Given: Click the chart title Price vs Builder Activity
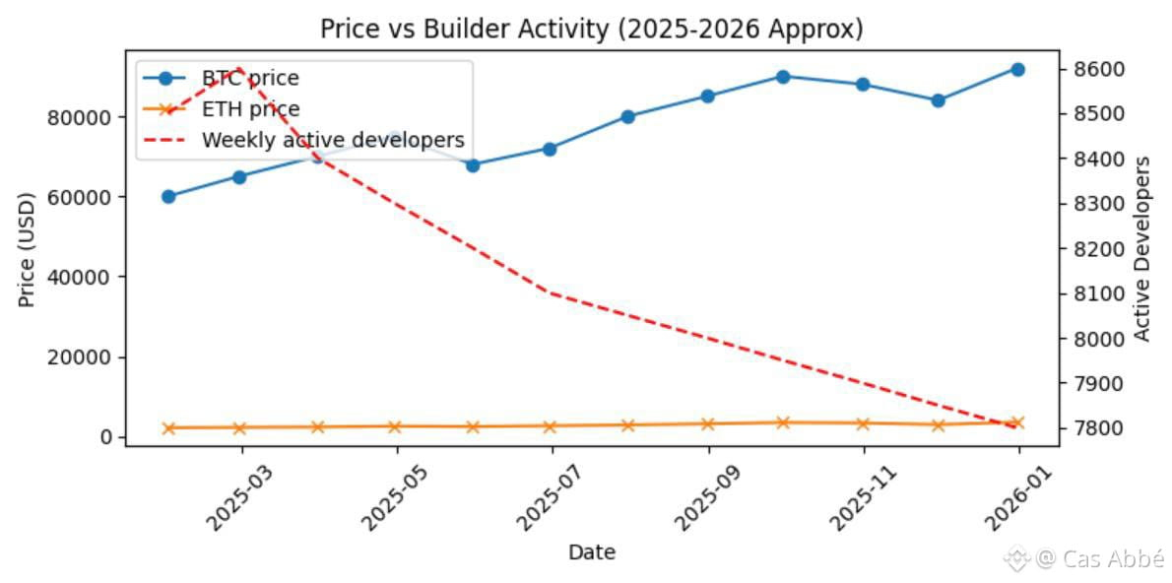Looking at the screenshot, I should coord(591,30).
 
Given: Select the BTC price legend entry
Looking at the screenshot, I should coord(250,78).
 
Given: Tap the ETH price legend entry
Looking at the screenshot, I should coord(250,109).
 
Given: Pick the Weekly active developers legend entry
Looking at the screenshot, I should coord(332,141).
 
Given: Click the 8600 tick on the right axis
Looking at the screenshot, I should coord(1087,70).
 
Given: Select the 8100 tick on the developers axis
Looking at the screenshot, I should coord(1087,294).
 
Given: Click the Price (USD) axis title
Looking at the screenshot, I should coord(27,249).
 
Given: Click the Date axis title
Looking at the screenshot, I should coord(592,552).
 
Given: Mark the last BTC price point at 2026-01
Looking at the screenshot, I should coord(1017,69).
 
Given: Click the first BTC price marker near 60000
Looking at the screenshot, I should coord(168,197).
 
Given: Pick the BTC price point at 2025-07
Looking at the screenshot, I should coord(550,149).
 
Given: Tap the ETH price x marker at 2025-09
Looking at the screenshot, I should coord(707,424).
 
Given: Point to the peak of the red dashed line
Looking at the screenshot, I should coord(240,69).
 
